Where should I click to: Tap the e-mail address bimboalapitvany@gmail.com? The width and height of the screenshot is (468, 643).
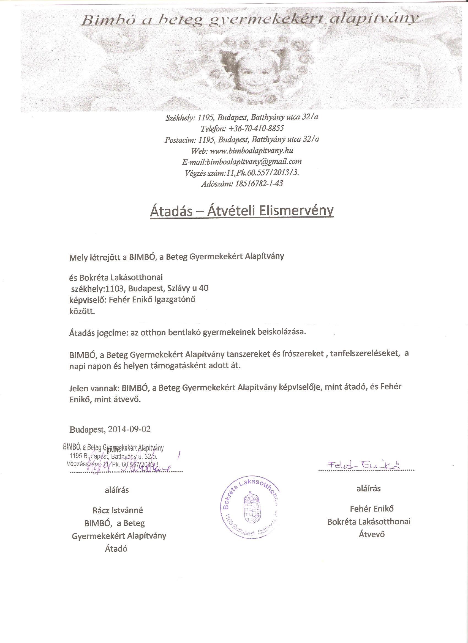click(254, 162)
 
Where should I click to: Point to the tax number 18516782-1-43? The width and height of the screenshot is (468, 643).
click(258, 184)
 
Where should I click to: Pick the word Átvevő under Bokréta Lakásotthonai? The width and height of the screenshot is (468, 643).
click(371, 534)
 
